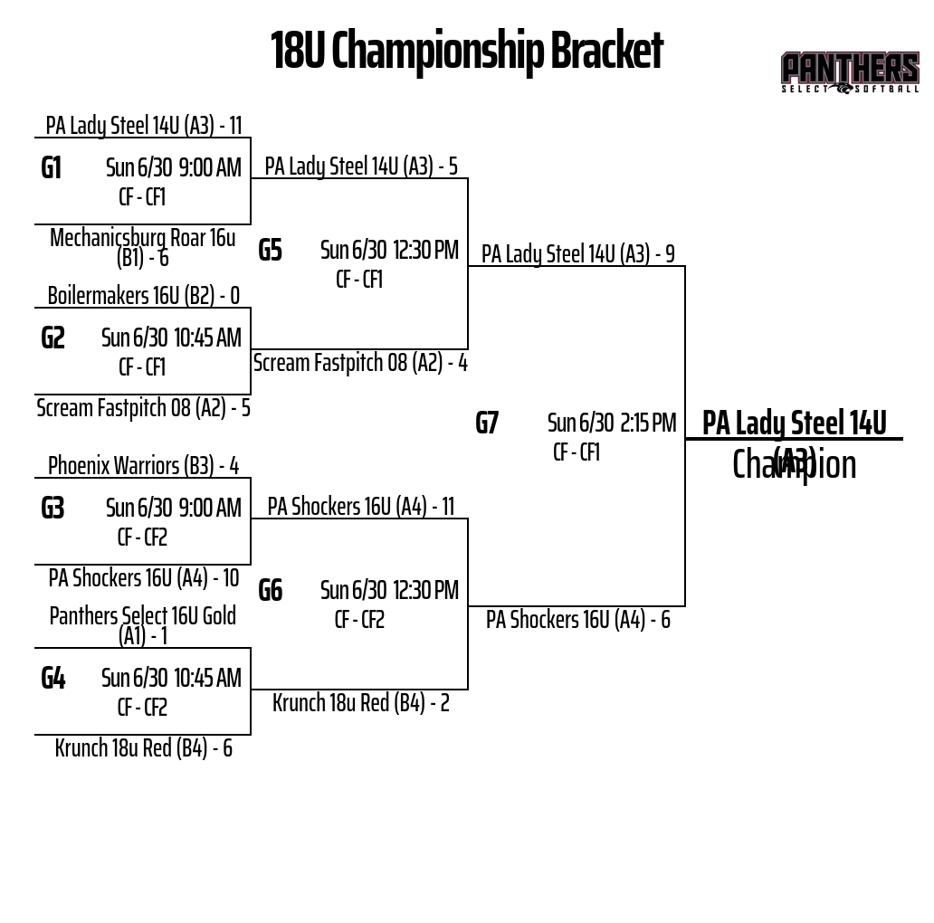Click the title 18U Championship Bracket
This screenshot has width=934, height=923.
coord(466,51)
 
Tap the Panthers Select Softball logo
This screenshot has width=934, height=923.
coord(849,72)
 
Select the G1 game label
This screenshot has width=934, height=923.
coord(52,167)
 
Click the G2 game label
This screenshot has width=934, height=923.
coord(53,338)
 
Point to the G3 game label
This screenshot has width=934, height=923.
coord(52,508)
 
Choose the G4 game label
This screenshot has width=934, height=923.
coord(53,678)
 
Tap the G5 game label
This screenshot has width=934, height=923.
coord(270,250)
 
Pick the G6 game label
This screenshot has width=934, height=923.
coord(270,590)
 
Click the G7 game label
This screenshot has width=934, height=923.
coord(487,423)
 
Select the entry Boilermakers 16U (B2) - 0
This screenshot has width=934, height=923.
coord(144,295)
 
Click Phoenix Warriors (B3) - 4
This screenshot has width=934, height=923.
coord(143,465)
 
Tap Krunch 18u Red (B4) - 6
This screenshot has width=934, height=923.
coord(143,747)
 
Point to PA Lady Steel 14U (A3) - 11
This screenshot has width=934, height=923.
coord(144,125)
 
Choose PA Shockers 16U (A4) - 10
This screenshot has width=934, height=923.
coord(143,577)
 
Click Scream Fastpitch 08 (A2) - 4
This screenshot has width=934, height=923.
coord(360,362)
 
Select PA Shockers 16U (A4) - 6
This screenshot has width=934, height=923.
coord(577,619)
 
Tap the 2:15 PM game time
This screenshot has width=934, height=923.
coord(648,423)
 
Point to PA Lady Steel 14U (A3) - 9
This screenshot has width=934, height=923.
coord(577,253)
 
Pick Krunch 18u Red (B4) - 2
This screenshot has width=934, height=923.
coord(360,702)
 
